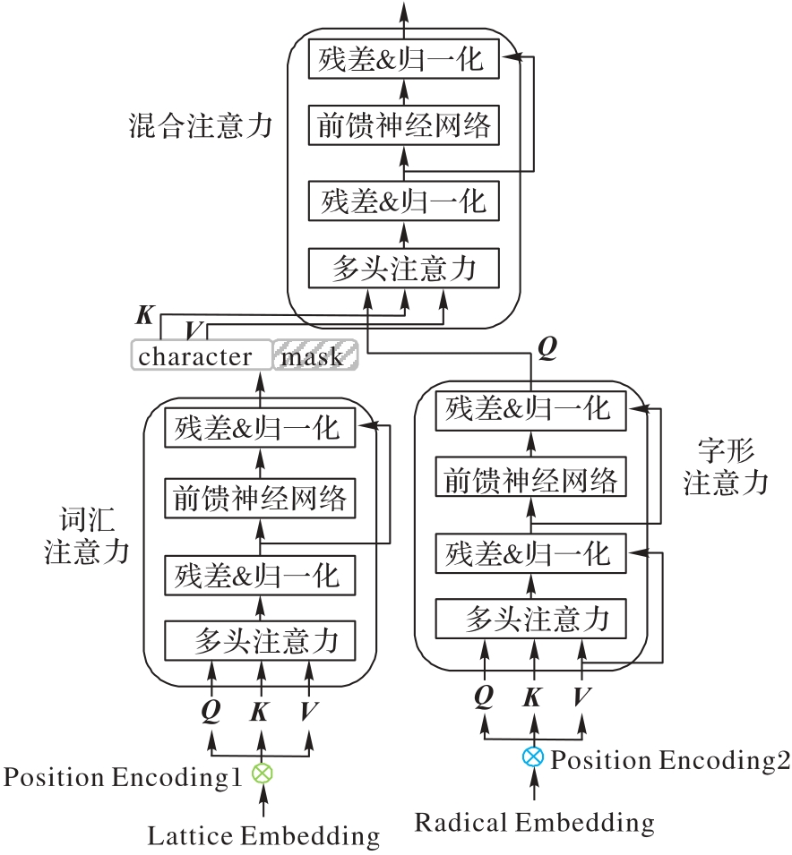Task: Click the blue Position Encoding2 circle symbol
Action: pyautogui.click(x=533, y=757)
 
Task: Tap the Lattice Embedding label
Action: pyautogui.click(x=263, y=836)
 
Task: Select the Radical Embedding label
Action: pyautogui.click(x=534, y=821)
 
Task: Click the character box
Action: pyautogui.click(x=202, y=355)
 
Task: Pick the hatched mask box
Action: pyautogui.click(x=314, y=355)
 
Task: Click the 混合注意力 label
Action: pyautogui.click(x=200, y=125)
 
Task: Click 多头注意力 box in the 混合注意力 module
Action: pyautogui.click(x=403, y=269)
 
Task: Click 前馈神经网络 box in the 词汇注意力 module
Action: pyautogui.click(x=261, y=498)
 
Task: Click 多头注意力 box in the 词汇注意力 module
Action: pyautogui.click(x=261, y=640)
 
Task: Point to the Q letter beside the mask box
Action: pyautogui.click(x=548, y=346)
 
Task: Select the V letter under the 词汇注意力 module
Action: pyautogui.click(x=309, y=711)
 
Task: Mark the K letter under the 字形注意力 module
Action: pyautogui.click(x=533, y=697)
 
